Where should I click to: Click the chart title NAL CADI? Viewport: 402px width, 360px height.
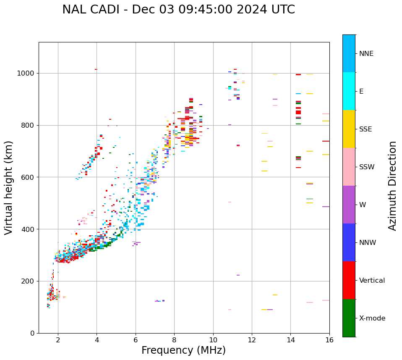click(178, 10)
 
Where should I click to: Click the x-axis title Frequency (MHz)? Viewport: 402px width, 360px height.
click(183, 350)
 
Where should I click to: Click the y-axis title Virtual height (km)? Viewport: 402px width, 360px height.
click(9, 187)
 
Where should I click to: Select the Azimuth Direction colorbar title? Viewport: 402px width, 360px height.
click(392, 185)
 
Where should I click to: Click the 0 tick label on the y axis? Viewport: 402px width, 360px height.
click(33, 333)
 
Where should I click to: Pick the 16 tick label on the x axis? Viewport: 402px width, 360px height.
click(329, 340)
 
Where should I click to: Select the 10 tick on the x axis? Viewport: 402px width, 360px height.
click(213, 340)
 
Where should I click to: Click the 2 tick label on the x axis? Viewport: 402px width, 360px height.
click(58, 340)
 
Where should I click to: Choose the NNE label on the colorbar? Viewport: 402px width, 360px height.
click(366, 54)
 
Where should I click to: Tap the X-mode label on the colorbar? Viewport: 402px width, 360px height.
click(372, 318)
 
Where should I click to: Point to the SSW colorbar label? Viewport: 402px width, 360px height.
click(367, 167)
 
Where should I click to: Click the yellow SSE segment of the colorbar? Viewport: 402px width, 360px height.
click(349, 129)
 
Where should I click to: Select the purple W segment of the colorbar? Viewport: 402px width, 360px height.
click(349, 205)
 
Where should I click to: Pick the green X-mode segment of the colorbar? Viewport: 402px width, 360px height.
click(349, 318)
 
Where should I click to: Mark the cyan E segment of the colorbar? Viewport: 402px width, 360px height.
click(349, 91)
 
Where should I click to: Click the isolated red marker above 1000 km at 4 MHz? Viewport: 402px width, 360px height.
click(96, 69)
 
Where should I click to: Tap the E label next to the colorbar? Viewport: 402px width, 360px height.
click(361, 92)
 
